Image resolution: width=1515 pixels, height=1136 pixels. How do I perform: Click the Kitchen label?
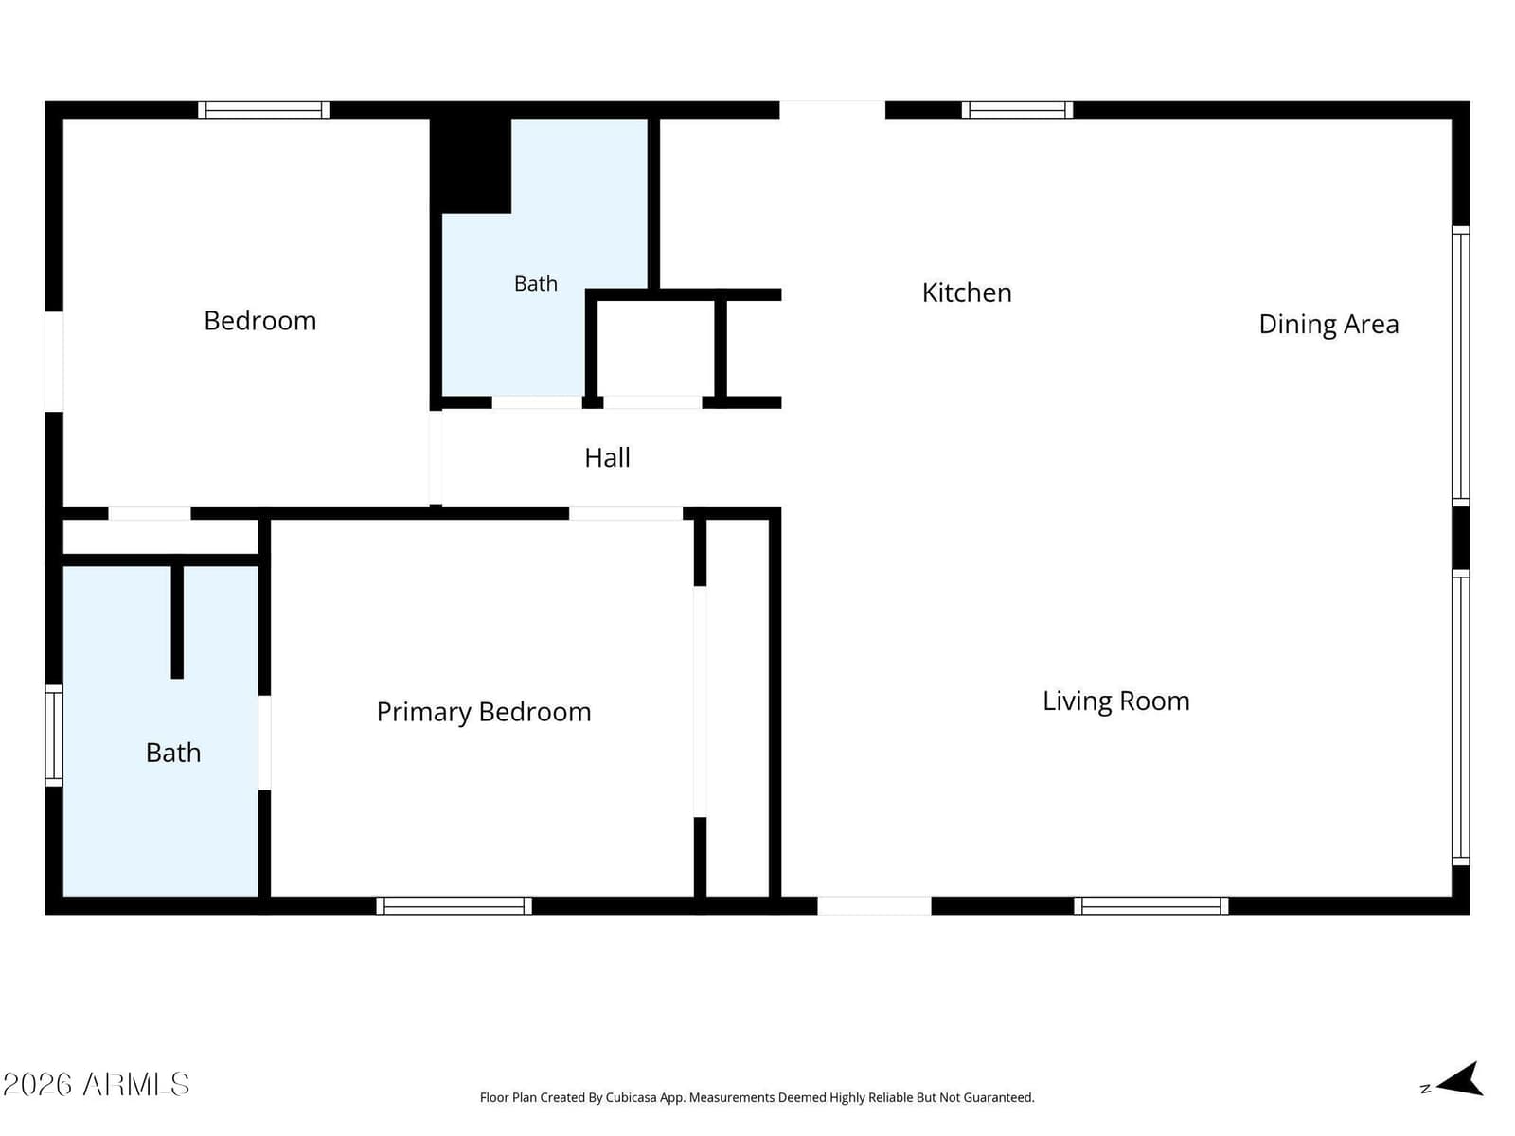click(967, 293)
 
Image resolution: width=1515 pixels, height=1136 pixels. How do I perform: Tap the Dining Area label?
click(1328, 324)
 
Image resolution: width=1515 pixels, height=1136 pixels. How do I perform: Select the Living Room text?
click(1115, 701)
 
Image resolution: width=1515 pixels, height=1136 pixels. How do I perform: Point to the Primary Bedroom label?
click(483, 713)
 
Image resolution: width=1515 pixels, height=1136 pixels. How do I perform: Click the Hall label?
click(607, 458)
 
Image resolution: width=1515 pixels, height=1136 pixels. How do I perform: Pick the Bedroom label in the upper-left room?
click(259, 322)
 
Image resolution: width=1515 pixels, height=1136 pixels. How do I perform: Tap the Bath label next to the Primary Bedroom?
click(173, 753)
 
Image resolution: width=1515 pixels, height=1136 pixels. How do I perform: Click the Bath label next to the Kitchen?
click(536, 283)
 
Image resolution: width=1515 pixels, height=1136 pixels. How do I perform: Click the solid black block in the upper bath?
click(470, 166)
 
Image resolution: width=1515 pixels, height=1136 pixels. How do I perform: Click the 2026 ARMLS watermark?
click(96, 1085)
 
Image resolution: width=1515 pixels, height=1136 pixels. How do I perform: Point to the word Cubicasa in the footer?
click(631, 1097)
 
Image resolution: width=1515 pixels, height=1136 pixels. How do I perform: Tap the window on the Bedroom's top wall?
click(263, 111)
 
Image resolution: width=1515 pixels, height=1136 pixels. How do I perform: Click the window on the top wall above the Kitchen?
click(1017, 111)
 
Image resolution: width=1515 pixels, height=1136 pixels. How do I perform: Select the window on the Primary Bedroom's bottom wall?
click(454, 906)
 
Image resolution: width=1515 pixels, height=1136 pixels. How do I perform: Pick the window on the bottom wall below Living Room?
click(1150, 906)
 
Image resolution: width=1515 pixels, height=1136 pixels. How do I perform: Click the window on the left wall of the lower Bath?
click(54, 736)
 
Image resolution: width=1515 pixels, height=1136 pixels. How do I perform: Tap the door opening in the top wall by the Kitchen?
click(832, 111)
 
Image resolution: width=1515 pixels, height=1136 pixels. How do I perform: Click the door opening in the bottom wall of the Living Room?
click(874, 906)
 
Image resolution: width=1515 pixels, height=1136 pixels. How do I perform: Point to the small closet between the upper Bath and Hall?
click(655, 348)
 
